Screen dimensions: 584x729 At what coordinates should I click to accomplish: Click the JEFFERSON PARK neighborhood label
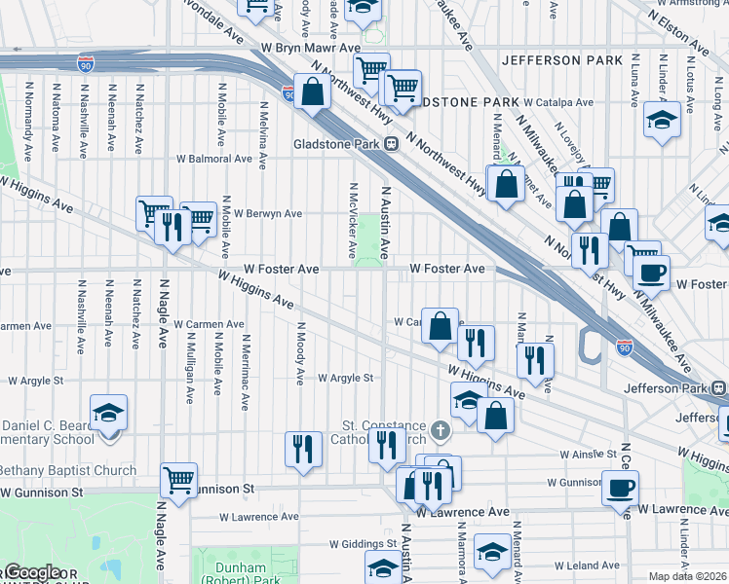[561, 60]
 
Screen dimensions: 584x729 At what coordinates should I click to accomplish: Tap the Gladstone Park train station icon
[391, 144]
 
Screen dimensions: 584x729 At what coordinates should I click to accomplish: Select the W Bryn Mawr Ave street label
[310, 47]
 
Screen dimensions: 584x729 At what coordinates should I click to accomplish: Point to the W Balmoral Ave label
[213, 159]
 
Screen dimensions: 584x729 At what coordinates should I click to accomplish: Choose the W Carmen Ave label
[209, 324]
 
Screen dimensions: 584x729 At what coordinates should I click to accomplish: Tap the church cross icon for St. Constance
[441, 428]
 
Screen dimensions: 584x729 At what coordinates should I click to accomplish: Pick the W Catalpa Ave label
[557, 102]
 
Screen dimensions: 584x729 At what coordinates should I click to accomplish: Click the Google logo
[31, 573]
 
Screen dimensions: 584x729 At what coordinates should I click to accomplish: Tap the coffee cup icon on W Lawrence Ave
[619, 486]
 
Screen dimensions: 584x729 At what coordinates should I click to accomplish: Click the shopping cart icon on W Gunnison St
[179, 479]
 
